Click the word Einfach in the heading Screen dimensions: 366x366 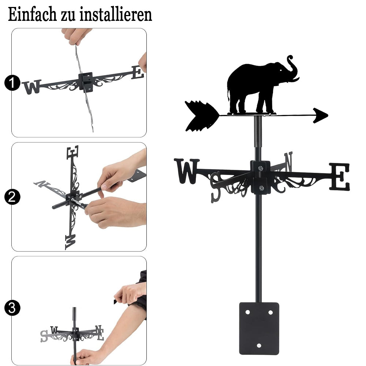coord(32,15)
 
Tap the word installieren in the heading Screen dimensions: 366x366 coord(116,15)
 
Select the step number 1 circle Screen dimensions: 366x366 coord(12,83)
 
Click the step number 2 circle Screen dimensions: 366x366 coord(12,197)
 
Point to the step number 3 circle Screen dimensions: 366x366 coord(12,308)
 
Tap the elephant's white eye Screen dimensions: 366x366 coord(281,70)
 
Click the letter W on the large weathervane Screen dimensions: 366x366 coord(187,171)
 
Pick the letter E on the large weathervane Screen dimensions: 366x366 coord(340,176)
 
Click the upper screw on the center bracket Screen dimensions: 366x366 coord(260,168)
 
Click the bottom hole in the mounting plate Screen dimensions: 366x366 coord(259,346)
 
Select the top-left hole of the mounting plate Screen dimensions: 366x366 coord(247,312)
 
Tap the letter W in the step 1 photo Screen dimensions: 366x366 coord(32,87)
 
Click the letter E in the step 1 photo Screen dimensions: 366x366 coord(138,72)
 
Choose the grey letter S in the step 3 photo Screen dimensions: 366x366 coord(44,336)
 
